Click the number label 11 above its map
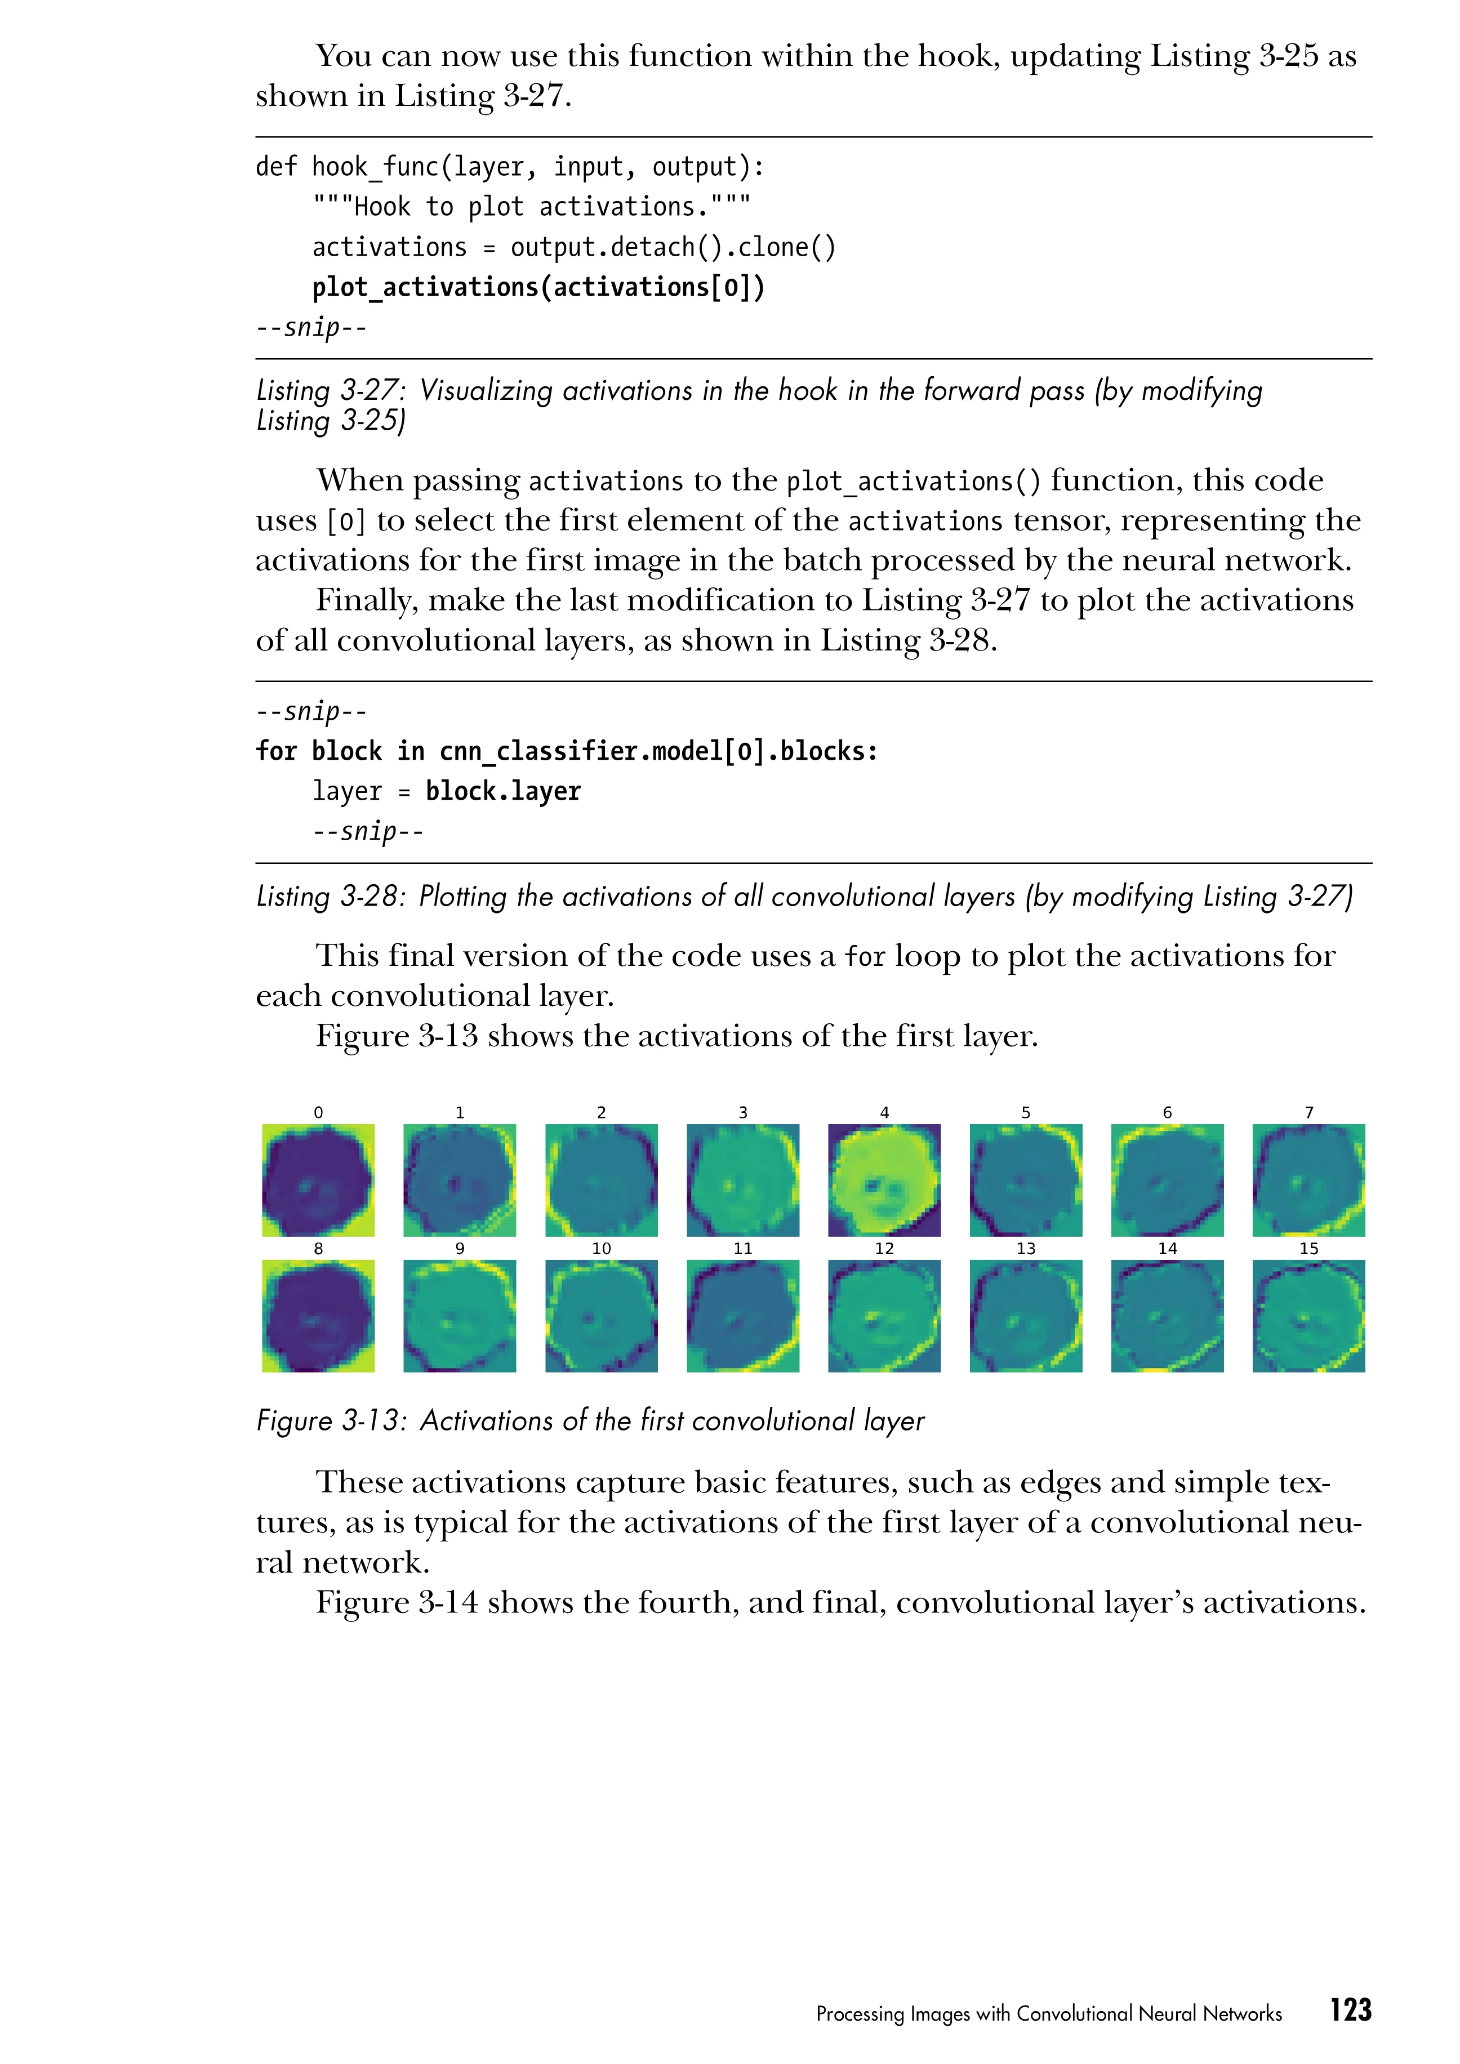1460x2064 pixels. pos(742,1249)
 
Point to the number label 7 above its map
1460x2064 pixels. pos(1309,1113)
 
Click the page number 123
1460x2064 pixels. pos(1350,2010)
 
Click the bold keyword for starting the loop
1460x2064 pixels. pos(276,751)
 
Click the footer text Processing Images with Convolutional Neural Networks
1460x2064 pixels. pos(1048,2014)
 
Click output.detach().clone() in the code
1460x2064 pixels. pos(673,247)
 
